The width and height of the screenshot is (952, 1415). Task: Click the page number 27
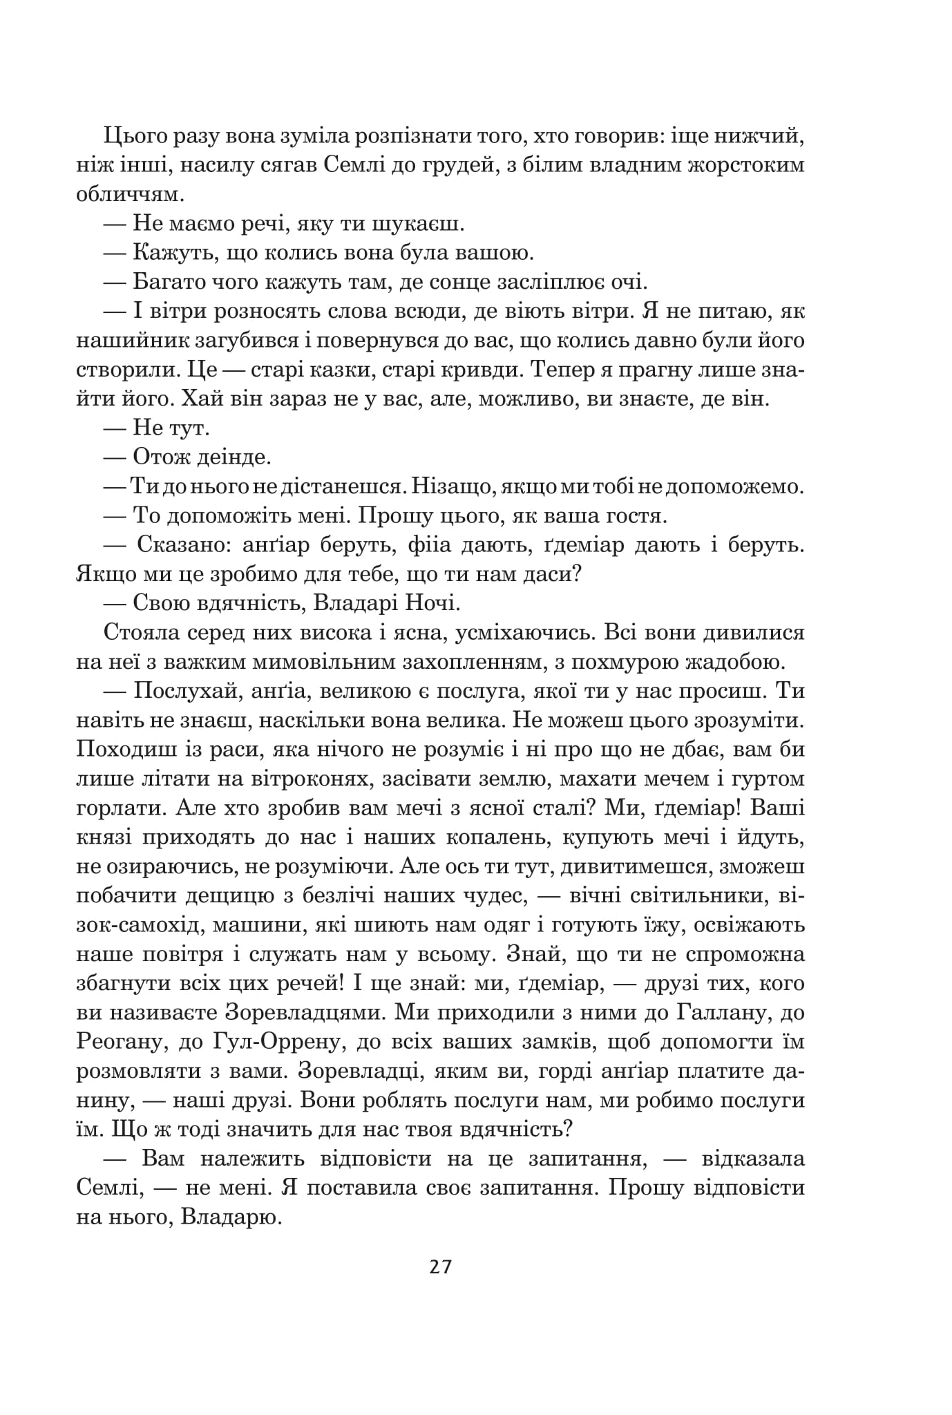(x=440, y=1266)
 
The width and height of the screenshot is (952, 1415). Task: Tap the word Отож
(x=161, y=457)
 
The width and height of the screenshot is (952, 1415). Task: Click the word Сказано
(x=178, y=545)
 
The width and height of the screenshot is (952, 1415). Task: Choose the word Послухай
(x=185, y=691)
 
